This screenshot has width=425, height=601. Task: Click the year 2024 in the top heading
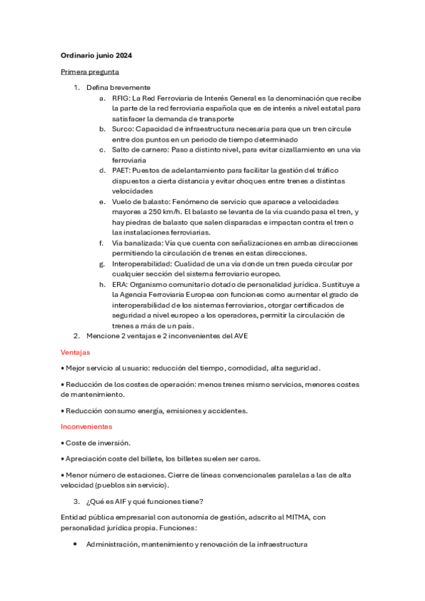tap(123, 55)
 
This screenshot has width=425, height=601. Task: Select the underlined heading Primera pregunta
tap(89, 72)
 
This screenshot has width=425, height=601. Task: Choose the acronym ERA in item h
tap(120, 284)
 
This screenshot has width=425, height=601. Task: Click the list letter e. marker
tap(102, 202)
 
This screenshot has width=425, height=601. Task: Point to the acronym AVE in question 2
tap(240, 336)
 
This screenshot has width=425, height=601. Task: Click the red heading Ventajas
tap(75, 352)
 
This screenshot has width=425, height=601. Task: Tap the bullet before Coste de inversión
tap(62, 442)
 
